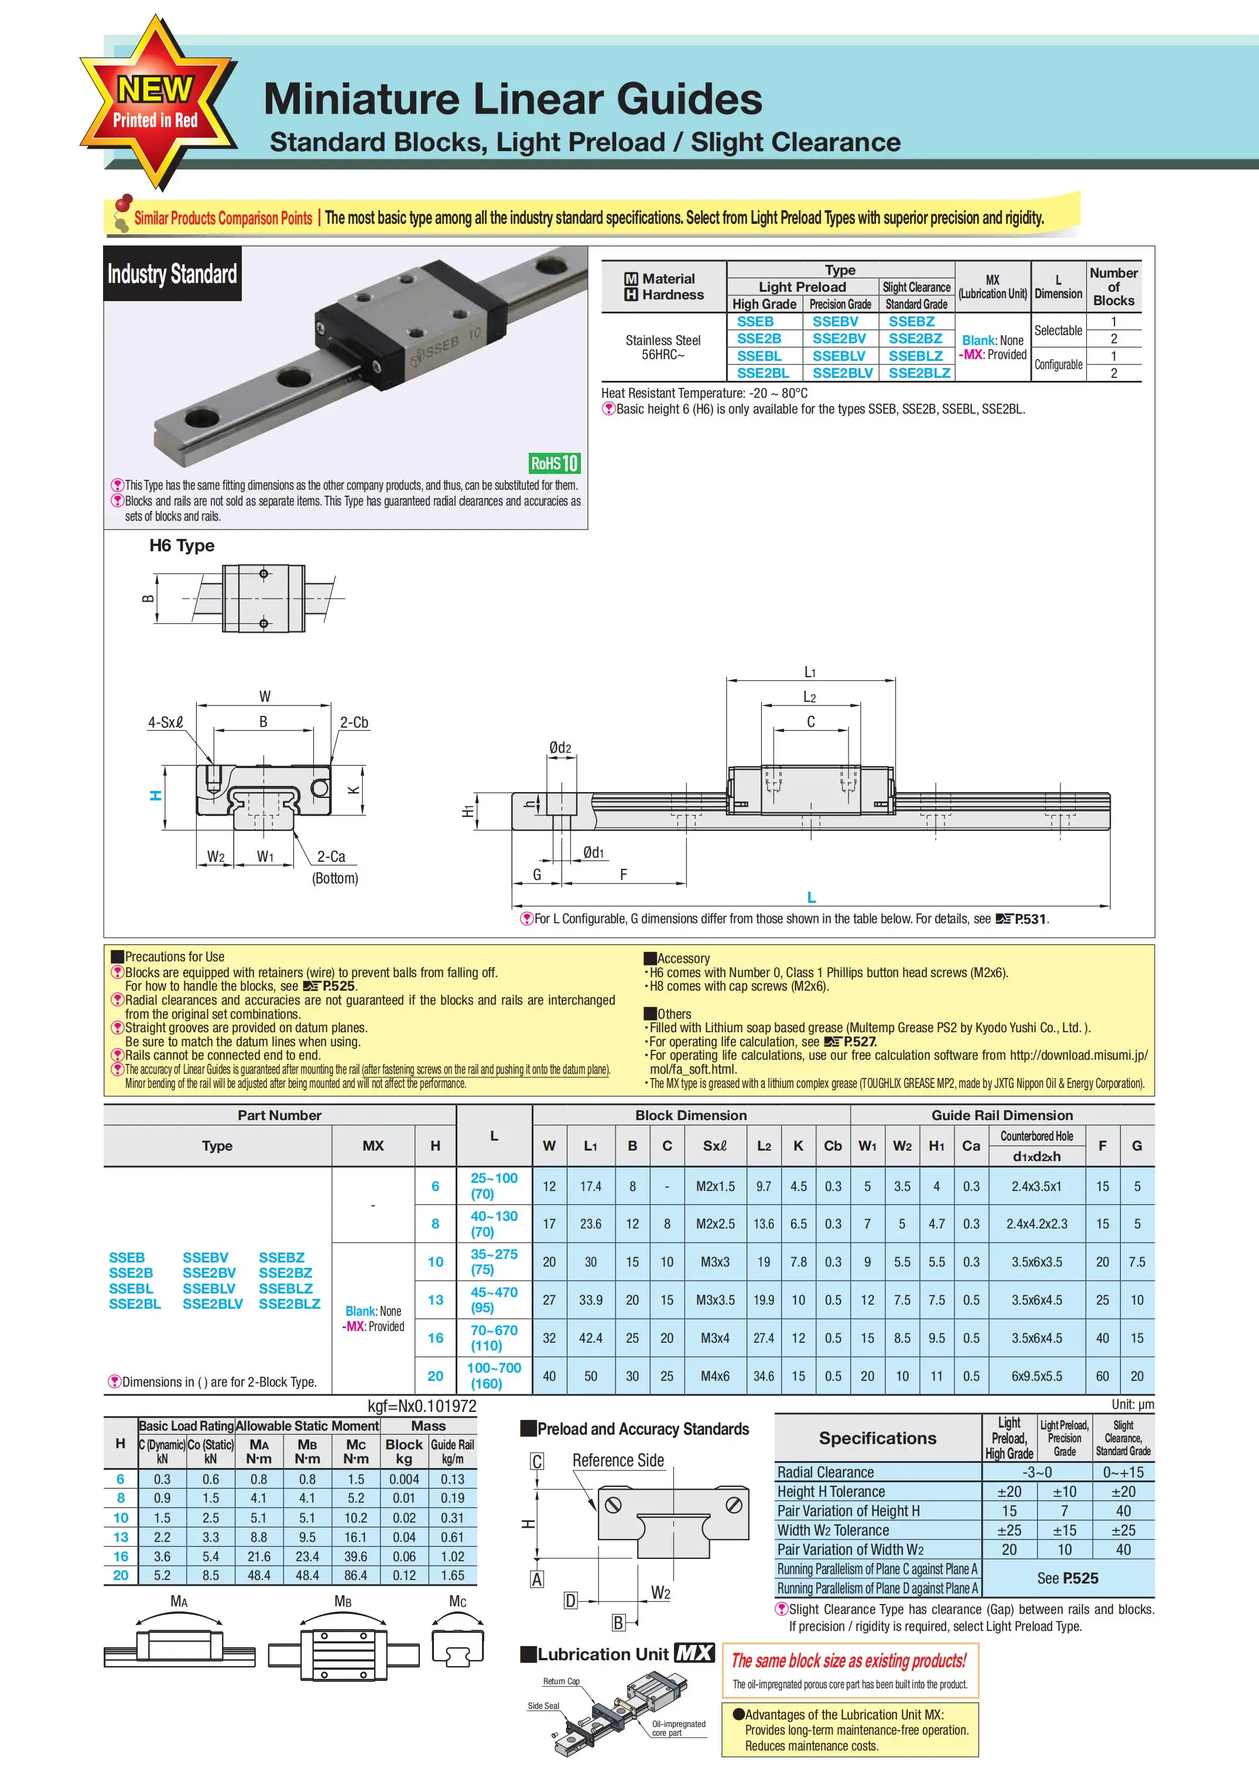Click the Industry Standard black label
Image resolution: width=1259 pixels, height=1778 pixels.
pyautogui.click(x=172, y=274)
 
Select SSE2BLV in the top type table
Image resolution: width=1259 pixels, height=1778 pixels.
pyautogui.click(x=842, y=373)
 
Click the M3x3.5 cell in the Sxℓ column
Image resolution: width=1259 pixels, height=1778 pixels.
pyautogui.click(x=715, y=1299)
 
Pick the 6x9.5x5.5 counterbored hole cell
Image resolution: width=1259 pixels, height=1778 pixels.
pyautogui.click(x=1036, y=1376)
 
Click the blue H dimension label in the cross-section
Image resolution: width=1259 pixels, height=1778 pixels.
pyautogui.click(x=156, y=795)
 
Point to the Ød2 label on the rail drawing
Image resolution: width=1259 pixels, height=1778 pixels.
pyautogui.click(x=560, y=748)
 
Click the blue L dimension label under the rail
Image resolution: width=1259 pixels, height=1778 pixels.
pyautogui.click(x=811, y=897)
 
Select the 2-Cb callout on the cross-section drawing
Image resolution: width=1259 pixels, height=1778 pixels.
pyautogui.click(x=354, y=722)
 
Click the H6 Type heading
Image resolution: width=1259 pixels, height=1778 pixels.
pyautogui.click(x=182, y=545)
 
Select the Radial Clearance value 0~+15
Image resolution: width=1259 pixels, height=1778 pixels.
pyautogui.click(x=1122, y=1472)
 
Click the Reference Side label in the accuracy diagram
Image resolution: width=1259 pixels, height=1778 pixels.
pyautogui.click(x=618, y=1460)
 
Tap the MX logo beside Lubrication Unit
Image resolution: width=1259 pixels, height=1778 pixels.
pyautogui.click(x=694, y=1653)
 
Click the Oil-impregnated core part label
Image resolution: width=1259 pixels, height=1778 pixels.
pyautogui.click(x=678, y=1728)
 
